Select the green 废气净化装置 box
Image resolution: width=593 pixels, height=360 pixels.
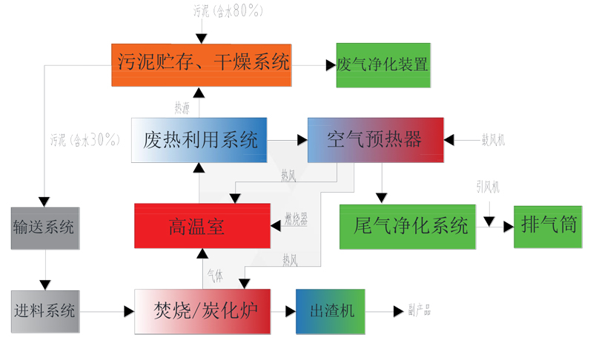(382, 65)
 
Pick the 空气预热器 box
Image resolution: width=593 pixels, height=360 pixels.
(375, 140)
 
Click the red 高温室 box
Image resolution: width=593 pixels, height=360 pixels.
(200, 225)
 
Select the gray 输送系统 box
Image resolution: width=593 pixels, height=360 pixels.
(44, 227)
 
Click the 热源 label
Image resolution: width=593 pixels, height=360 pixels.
(182, 107)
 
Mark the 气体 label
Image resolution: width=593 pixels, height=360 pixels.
(214, 275)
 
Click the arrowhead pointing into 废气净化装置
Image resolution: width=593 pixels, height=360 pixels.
(330, 65)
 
